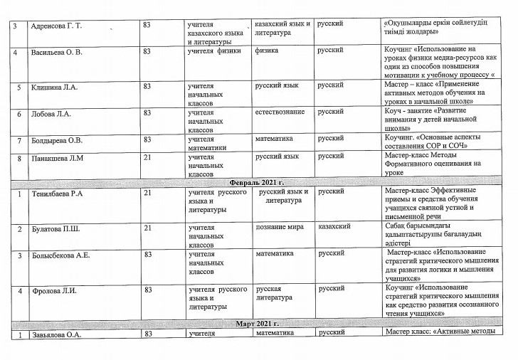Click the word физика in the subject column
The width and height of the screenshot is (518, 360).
266,52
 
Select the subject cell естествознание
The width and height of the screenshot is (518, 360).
280,112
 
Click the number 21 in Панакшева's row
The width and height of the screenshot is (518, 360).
147,157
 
